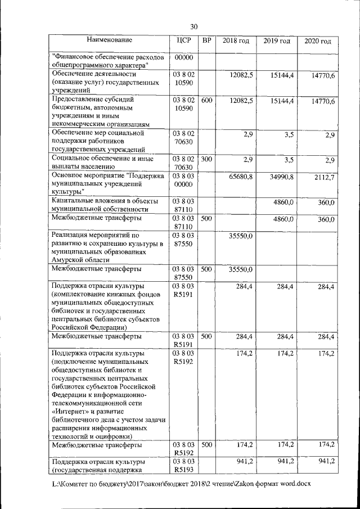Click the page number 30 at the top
click(x=194, y=26)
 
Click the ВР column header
click(x=206, y=40)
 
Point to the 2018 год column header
click(x=236, y=41)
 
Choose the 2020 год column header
click(x=318, y=42)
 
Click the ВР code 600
click(x=206, y=100)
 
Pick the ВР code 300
click(x=206, y=160)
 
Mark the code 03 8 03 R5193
click(x=183, y=466)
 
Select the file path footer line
click(x=180, y=483)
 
